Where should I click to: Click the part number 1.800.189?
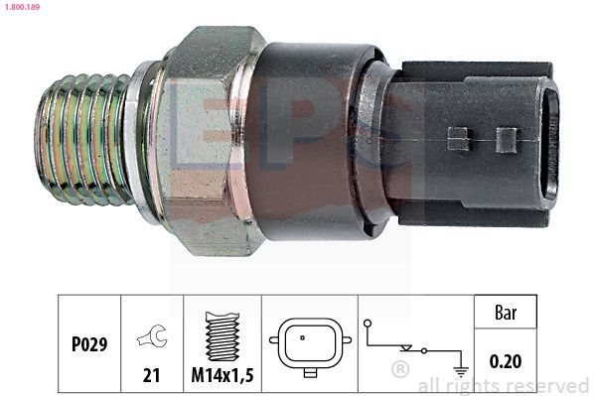tap(23, 6)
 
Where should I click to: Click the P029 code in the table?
tap(89, 344)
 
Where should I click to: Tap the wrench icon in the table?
tap(153, 336)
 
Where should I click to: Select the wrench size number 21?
tap(151, 375)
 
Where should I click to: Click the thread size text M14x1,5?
tap(223, 375)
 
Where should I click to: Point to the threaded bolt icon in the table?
tap(223, 336)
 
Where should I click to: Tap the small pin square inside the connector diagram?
tap(302, 337)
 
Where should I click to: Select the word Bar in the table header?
tap(506, 313)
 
